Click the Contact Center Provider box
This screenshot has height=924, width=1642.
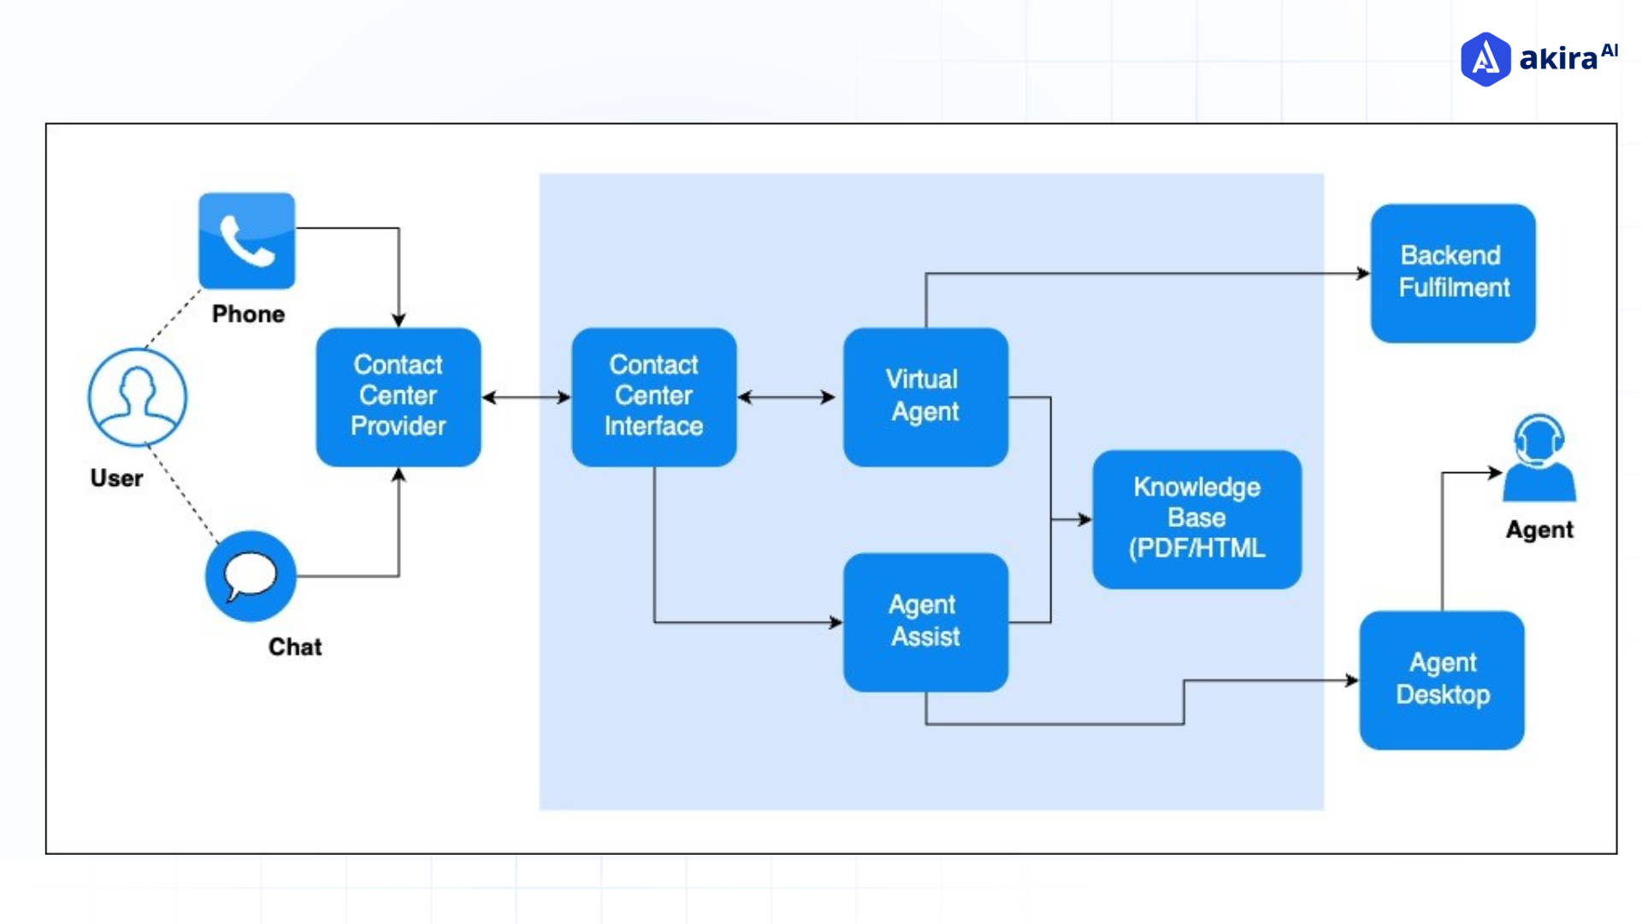398,396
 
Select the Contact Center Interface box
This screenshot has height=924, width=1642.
653,396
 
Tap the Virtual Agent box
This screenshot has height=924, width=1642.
924,396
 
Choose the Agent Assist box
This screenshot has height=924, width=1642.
924,622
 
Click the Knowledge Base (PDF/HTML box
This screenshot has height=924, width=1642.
1196,518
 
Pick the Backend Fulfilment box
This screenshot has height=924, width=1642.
1452,272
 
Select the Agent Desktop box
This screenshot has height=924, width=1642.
1442,679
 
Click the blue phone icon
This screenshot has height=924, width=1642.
246,240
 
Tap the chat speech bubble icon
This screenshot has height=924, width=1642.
250,576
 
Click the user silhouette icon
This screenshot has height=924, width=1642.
137,396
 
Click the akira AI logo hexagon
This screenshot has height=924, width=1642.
1485,59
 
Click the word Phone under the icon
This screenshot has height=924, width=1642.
248,314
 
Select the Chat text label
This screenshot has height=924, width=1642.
295,647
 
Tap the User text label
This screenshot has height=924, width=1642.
116,478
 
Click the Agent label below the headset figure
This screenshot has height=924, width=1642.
1539,530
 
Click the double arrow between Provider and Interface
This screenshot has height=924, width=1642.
526,397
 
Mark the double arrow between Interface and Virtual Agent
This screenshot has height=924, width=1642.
786,397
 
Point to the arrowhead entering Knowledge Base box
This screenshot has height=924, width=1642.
1084,519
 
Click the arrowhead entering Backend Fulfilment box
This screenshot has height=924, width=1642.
1362,274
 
